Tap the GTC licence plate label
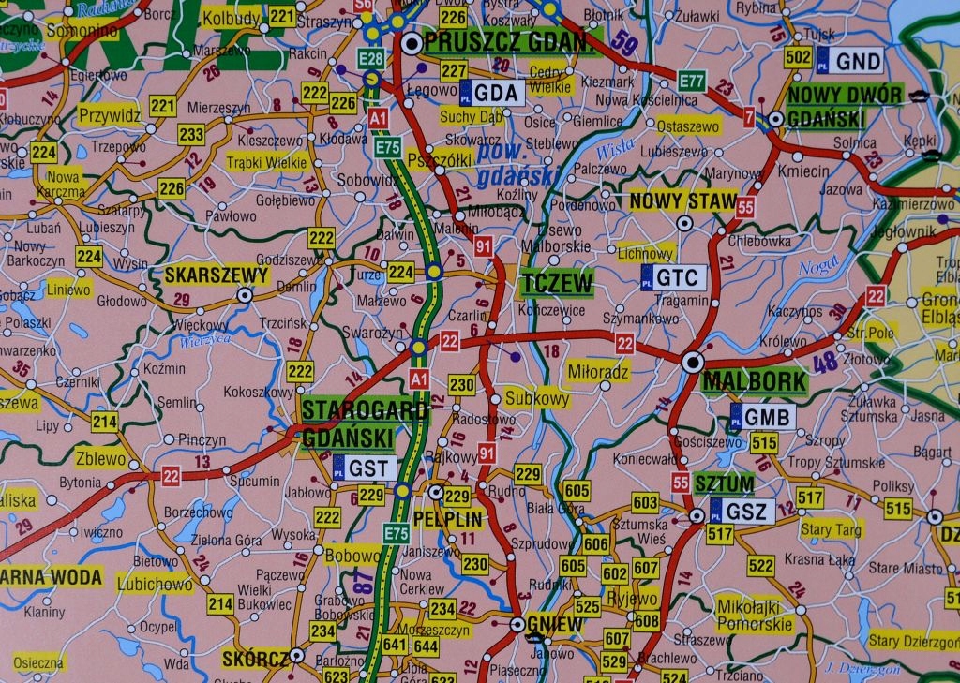[673, 277]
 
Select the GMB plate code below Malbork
[763, 418]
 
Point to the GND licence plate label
[850, 61]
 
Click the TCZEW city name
[558, 283]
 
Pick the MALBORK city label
[754, 381]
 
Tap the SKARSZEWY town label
[217, 275]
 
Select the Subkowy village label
[537, 398]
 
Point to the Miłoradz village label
[598, 373]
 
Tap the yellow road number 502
[798, 58]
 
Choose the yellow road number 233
[191, 135]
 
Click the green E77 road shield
[692, 81]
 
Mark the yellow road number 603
[645, 503]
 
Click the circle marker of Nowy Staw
[685, 223]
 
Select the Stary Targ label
[831, 529]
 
